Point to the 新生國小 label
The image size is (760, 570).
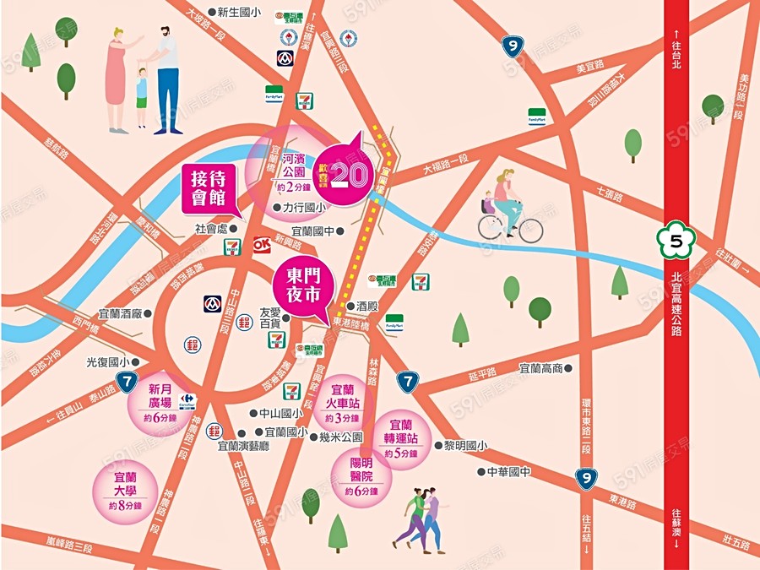239,13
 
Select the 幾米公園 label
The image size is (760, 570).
340,437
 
